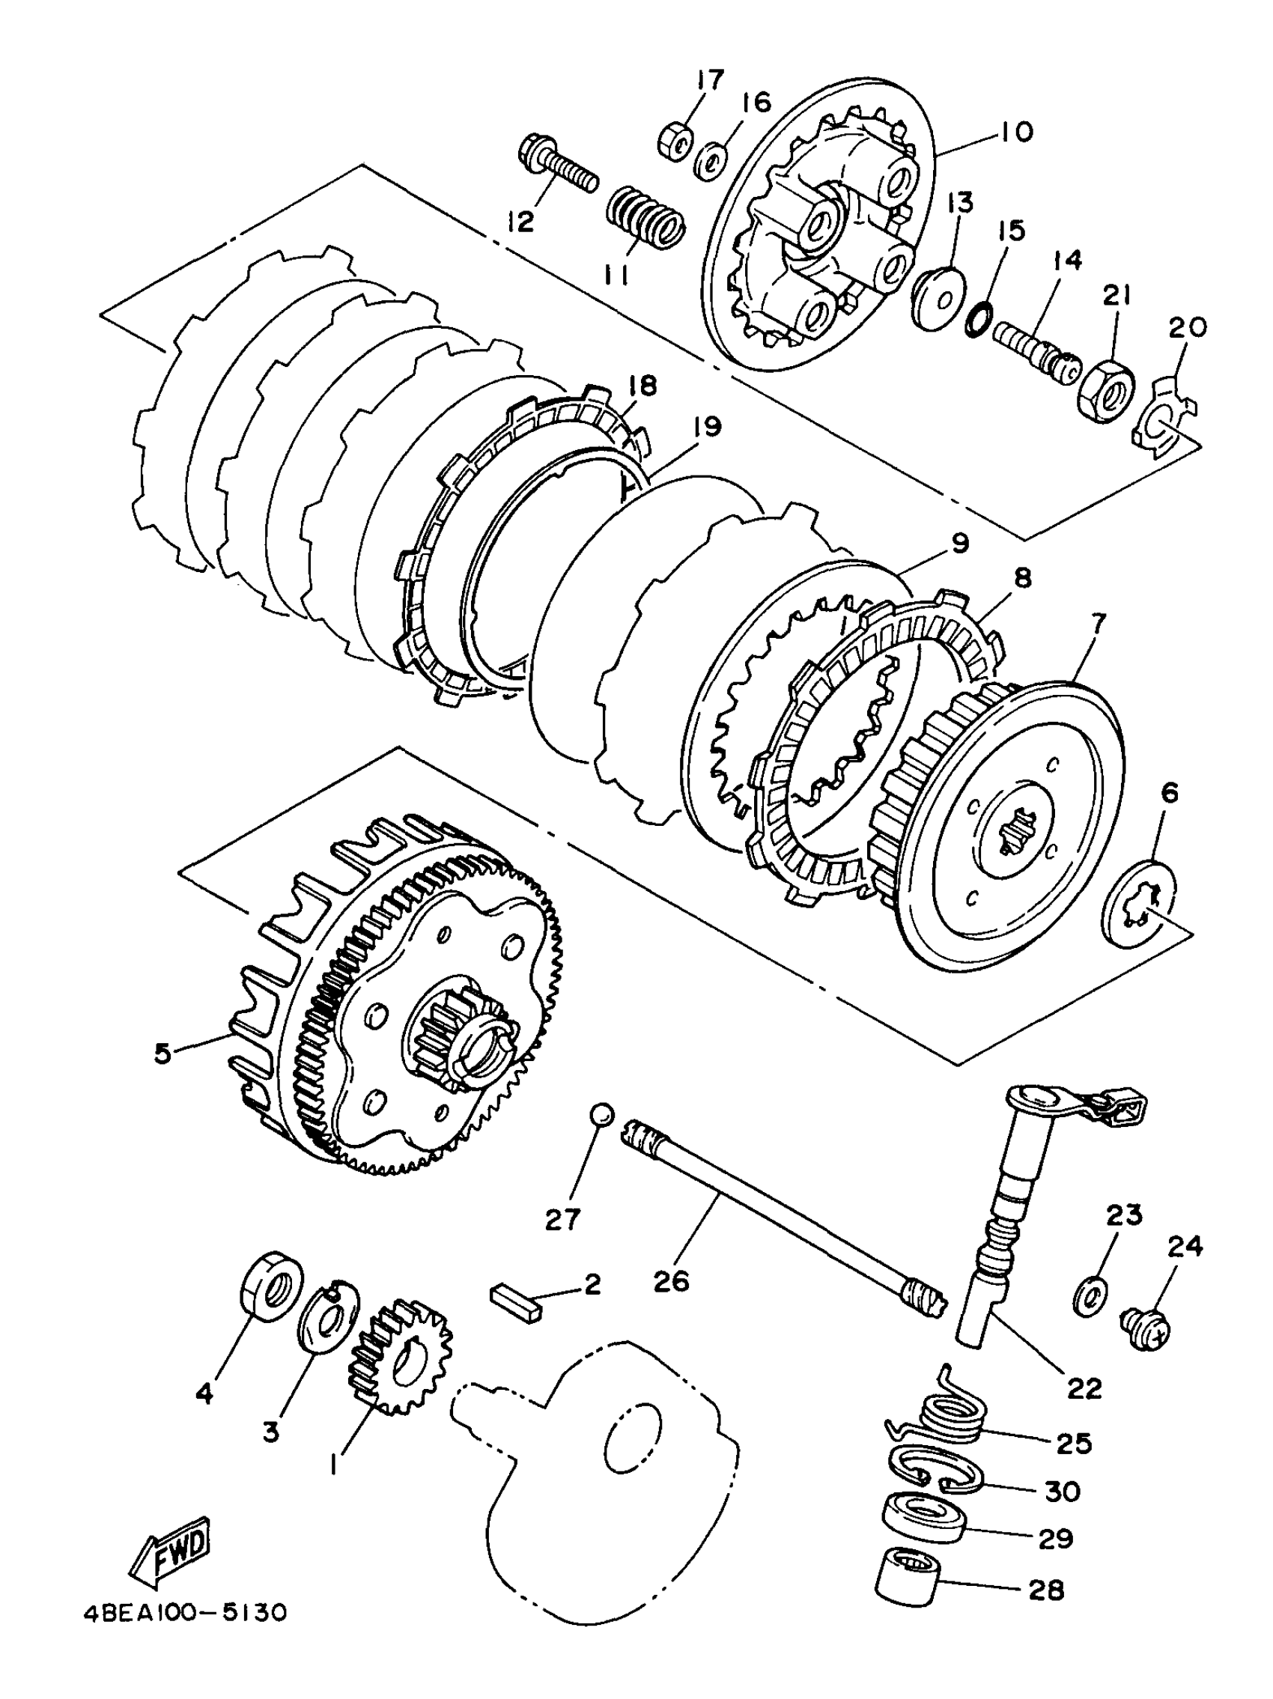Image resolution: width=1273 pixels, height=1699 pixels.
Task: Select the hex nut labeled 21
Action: (1107, 387)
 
